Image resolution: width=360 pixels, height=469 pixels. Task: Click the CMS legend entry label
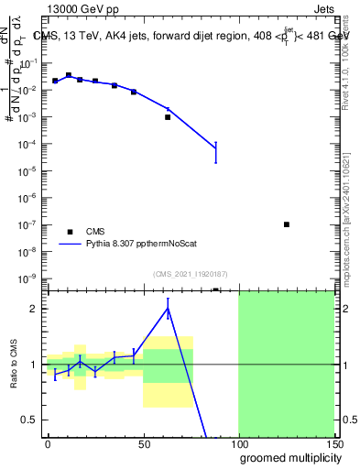coord(95,232)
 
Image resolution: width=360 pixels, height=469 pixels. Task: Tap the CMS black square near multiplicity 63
coord(168,117)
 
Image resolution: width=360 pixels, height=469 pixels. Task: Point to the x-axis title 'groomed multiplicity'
coord(287,457)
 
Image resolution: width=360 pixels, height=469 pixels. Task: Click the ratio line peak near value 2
coord(168,308)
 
